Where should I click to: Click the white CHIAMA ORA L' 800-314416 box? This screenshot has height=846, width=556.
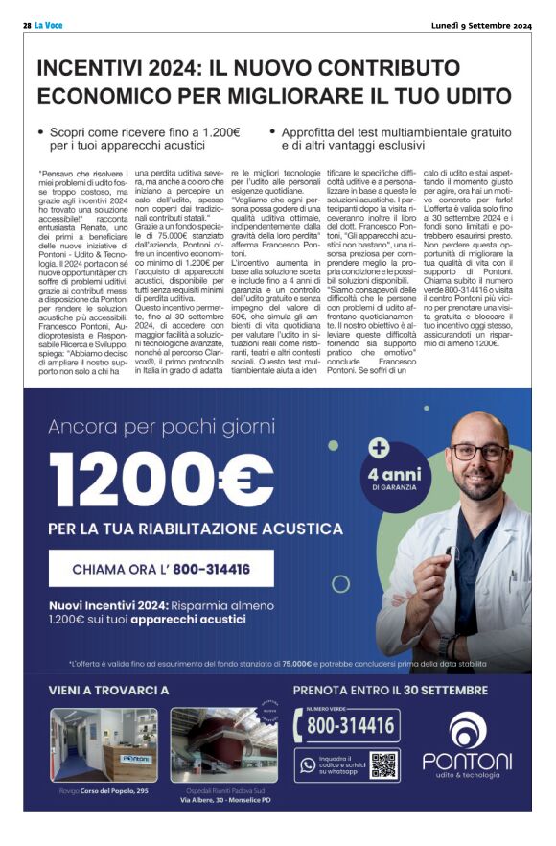(162, 569)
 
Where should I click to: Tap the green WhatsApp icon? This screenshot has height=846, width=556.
(308, 764)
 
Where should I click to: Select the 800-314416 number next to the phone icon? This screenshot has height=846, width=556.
(350, 726)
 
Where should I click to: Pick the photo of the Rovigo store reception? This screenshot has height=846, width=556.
(104, 744)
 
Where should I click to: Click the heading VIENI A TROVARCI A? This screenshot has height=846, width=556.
(108, 691)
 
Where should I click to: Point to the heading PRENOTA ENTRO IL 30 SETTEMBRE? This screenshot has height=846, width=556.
(390, 691)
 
